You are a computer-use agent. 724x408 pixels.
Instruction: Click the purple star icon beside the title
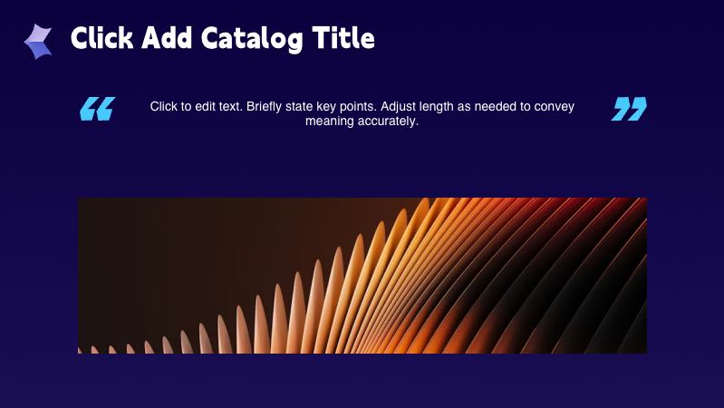point(38,41)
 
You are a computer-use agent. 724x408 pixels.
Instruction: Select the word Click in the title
point(100,38)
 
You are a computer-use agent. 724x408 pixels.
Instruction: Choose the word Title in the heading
point(343,38)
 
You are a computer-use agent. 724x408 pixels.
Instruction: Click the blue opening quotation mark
point(97,109)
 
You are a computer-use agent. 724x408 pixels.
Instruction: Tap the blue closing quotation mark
point(629,109)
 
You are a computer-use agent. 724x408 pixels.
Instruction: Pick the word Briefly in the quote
point(268,107)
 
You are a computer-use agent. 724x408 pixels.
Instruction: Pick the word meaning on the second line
point(329,121)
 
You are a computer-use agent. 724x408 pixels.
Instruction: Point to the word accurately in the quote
point(388,121)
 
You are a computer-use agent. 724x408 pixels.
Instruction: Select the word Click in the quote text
point(165,107)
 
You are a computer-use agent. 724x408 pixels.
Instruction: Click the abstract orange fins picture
point(362,276)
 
